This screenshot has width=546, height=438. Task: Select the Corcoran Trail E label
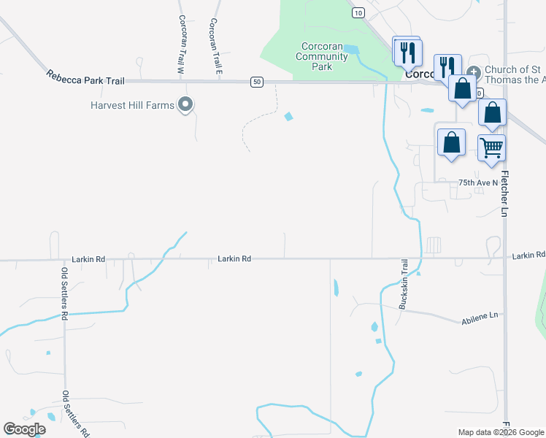(x=215, y=45)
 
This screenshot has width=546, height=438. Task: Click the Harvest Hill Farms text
(x=133, y=105)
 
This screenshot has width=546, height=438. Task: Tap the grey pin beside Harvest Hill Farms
(x=185, y=105)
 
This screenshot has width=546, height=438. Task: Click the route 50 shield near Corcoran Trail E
(x=256, y=82)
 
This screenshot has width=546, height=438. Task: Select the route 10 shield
(x=357, y=12)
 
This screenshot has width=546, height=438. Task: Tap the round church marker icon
(x=473, y=72)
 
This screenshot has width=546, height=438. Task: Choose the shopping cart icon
(x=491, y=147)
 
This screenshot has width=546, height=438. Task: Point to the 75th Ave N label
(x=477, y=182)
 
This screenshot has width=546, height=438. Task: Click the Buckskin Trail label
(x=402, y=285)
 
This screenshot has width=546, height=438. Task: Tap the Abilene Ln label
(x=479, y=319)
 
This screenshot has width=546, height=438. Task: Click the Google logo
(x=24, y=429)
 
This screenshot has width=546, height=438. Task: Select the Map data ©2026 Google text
(x=500, y=432)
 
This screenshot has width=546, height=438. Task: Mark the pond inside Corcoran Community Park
(x=350, y=50)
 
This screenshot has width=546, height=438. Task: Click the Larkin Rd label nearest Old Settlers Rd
(x=88, y=259)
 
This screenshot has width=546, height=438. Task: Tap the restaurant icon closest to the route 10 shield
(x=407, y=51)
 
